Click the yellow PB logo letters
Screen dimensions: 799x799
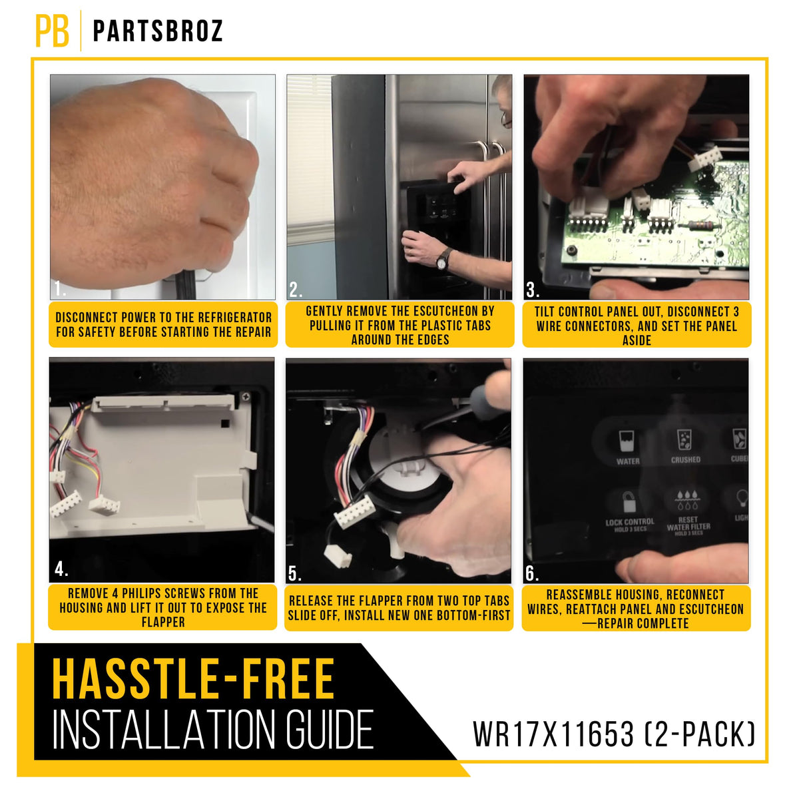(x=52, y=31)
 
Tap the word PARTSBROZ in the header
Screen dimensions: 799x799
(x=158, y=31)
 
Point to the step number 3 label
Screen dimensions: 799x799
(x=533, y=290)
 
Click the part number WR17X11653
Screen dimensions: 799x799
(x=553, y=734)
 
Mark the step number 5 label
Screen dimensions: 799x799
(x=295, y=573)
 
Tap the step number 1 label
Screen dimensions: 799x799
(x=60, y=289)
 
